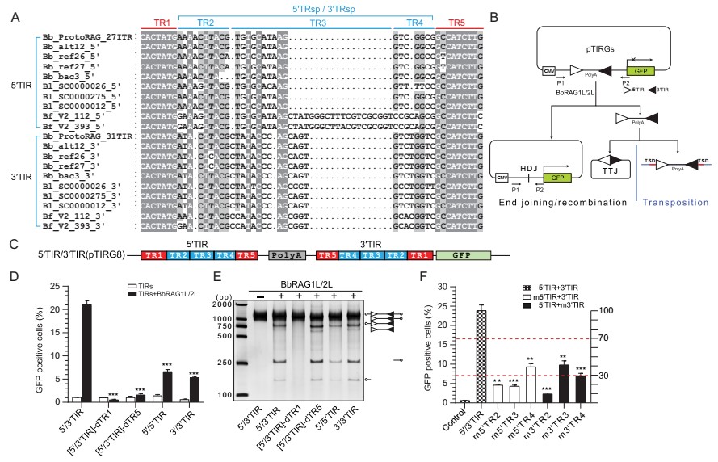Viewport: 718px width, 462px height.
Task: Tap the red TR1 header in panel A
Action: coord(155,24)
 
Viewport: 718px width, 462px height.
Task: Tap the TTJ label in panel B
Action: coord(594,183)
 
